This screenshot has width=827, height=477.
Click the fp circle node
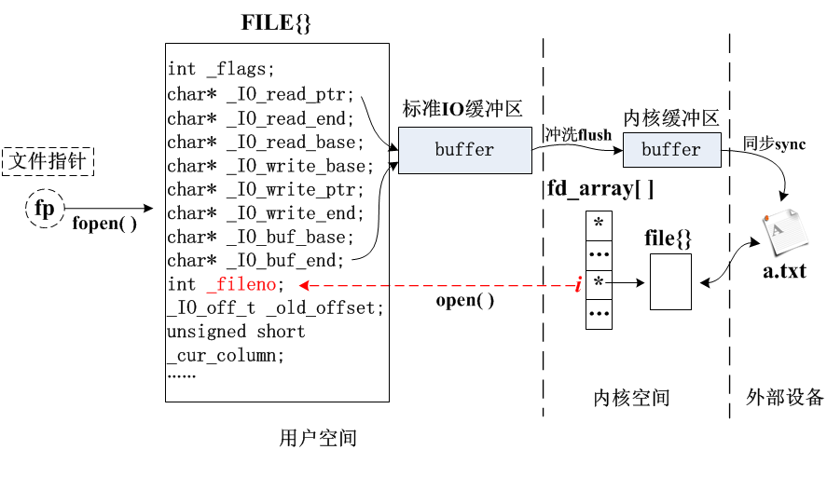tap(44, 209)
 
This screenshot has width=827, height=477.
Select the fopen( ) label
tap(104, 224)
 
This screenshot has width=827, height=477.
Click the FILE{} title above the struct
tap(276, 23)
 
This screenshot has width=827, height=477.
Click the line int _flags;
tap(222, 69)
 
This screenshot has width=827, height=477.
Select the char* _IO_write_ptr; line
tap(266, 190)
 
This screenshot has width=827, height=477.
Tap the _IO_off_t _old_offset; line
tap(275, 307)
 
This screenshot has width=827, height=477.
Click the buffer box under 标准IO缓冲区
tap(464, 150)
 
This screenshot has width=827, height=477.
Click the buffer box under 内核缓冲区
tap(671, 149)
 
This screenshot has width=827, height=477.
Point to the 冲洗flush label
tap(578, 135)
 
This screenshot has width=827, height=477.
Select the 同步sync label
tap(774, 144)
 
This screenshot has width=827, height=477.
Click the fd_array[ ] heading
tap(600, 189)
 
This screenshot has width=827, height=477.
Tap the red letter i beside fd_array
tap(578, 285)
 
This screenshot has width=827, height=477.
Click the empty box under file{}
tap(670, 281)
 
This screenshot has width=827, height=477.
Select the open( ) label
tap(465, 301)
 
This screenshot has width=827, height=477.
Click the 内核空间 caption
tap(631, 398)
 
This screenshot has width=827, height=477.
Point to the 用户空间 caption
tap(317, 438)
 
